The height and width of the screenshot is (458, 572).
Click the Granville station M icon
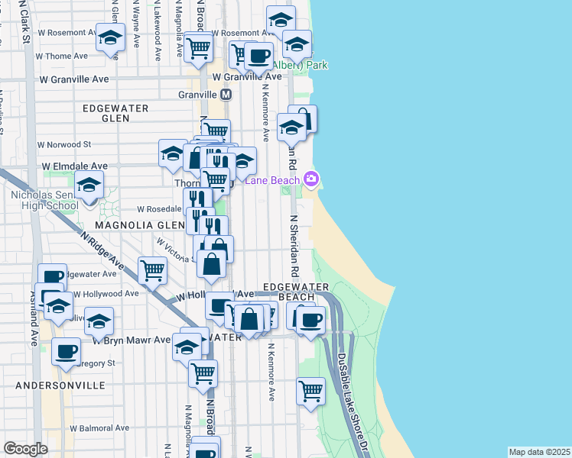(226, 95)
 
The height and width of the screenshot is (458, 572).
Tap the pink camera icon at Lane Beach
(311, 179)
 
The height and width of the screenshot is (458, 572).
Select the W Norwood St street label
(65, 144)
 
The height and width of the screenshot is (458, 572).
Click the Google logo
(25, 449)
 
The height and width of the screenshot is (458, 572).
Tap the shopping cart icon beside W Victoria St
(153, 269)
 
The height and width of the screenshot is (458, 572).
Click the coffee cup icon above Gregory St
(66, 350)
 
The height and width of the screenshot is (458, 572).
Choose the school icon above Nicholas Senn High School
(89, 184)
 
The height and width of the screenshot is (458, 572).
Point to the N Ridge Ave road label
(103, 250)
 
